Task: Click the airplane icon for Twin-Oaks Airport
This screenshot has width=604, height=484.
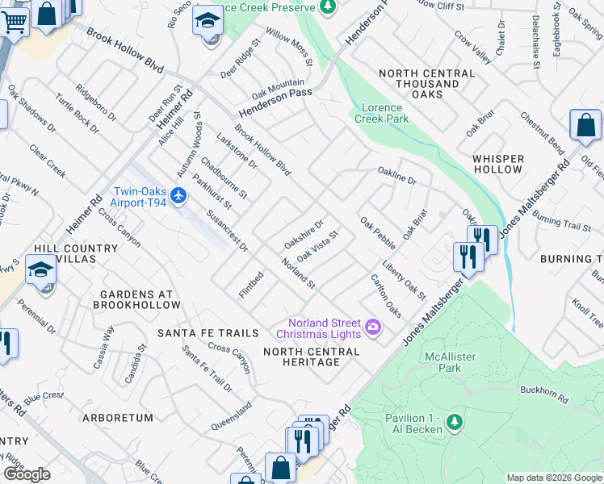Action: pyautogui.click(x=179, y=195)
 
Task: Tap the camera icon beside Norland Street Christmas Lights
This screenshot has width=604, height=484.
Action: pyautogui.click(x=373, y=327)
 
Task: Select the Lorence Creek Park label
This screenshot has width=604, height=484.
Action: pyautogui.click(x=381, y=113)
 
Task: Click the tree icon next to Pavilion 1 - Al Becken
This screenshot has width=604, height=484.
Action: pyautogui.click(x=455, y=422)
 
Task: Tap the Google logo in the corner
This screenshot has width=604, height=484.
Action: pyautogui.click(x=27, y=474)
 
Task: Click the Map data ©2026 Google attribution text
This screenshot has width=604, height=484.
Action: pyautogui.click(x=553, y=478)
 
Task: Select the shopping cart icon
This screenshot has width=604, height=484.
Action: pyautogui.click(x=14, y=22)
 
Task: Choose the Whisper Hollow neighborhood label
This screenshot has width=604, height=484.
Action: pyautogui.click(x=498, y=164)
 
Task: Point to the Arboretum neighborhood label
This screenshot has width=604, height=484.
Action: pyautogui.click(x=117, y=418)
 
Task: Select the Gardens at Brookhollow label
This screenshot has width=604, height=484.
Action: pyautogui.click(x=136, y=299)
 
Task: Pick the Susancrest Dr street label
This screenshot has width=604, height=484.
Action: pyautogui.click(x=227, y=231)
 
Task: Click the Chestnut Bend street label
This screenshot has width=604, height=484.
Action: pyautogui.click(x=542, y=133)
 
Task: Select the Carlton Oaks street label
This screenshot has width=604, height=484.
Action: pyautogui.click(x=385, y=295)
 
